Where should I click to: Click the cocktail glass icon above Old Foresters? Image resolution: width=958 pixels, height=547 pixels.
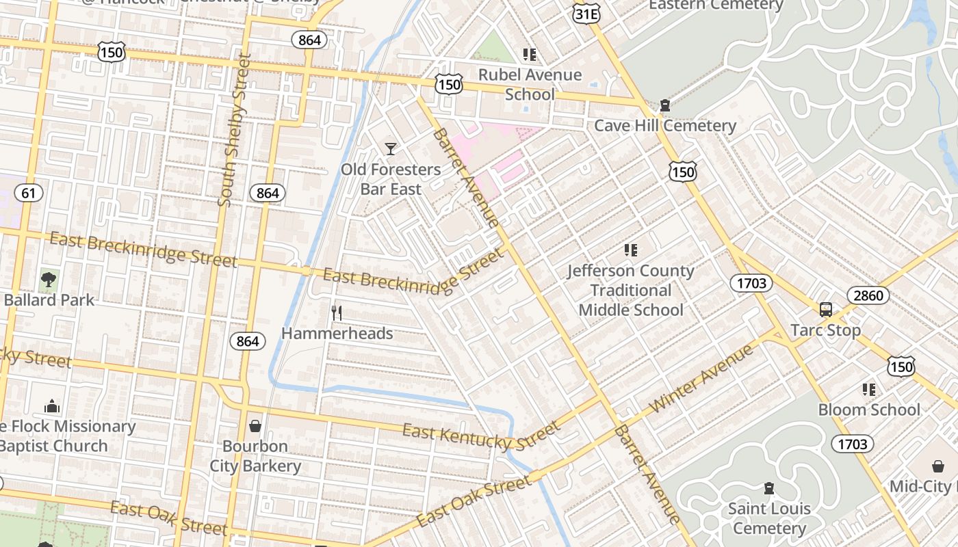tap(390, 148)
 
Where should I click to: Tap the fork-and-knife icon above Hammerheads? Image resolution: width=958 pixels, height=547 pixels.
tap(336, 313)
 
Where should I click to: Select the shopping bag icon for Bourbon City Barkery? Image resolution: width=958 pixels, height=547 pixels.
tap(255, 426)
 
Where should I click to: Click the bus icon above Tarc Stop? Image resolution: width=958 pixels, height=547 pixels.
tap(826, 309)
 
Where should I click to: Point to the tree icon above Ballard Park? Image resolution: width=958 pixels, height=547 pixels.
tap(49, 279)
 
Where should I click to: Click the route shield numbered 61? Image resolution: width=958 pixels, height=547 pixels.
tap(28, 193)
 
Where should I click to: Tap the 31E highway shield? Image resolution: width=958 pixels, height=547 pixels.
tap(587, 12)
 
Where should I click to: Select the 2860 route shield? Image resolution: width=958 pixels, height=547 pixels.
tap(868, 295)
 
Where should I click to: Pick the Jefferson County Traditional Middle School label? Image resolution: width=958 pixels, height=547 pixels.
tap(630, 291)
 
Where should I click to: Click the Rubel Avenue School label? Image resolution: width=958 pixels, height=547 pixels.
tap(530, 84)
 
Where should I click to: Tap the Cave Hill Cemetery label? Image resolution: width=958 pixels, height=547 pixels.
tap(664, 126)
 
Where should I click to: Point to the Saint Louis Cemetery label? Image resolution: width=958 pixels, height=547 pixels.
tap(769, 518)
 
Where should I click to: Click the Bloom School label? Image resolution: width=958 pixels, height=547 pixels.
tap(869, 410)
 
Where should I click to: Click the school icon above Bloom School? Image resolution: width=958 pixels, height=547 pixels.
tap(868, 390)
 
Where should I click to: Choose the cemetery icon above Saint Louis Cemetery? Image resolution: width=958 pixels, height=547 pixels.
tap(769, 488)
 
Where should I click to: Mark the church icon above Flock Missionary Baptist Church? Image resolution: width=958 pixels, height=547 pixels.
tap(52, 407)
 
